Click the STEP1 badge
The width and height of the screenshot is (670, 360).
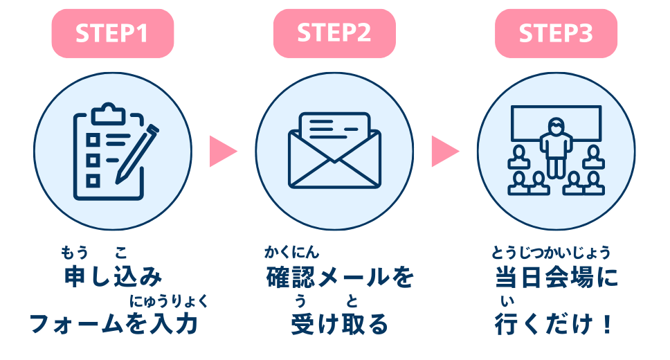[112, 33]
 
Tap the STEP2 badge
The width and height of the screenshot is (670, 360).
[334, 33]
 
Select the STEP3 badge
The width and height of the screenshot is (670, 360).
[556, 33]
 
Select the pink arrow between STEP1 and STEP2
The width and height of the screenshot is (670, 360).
[222, 150]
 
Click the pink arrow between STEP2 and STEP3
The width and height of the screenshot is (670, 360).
[445, 150]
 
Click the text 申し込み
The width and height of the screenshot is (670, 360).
[113, 278]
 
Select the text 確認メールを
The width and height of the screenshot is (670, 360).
[339, 278]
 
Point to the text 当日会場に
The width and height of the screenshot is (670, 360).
[556, 278]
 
